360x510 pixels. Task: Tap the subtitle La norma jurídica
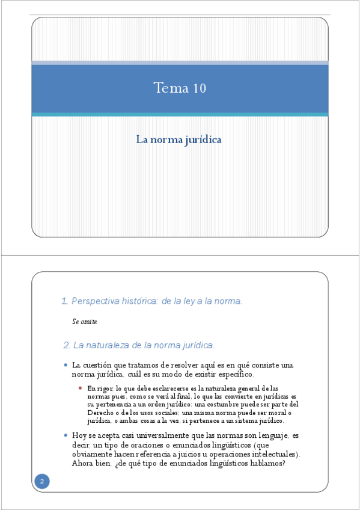(x=179, y=140)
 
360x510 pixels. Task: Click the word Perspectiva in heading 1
(x=93, y=301)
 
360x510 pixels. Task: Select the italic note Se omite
(x=84, y=322)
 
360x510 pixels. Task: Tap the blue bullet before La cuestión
(x=66, y=365)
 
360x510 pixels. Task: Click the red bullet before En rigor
(x=81, y=388)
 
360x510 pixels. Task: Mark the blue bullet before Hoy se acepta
(x=66, y=434)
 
